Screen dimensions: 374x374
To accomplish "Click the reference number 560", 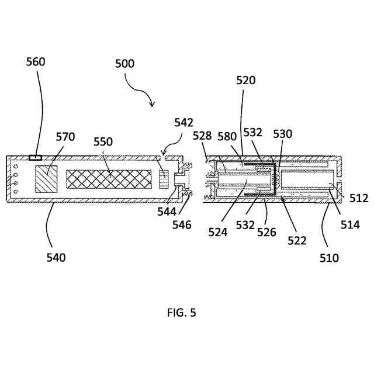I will (x=36, y=62).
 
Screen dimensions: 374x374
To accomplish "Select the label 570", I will (x=65, y=137).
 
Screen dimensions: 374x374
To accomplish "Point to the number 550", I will (x=103, y=141).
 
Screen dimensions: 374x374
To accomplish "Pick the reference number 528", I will (x=203, y=136).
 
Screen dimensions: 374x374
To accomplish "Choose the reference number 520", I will (x=245, y=81).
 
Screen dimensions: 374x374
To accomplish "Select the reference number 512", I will (x=359, y=199).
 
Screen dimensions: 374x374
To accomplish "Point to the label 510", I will (x=330, y=257).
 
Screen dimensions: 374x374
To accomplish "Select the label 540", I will (x=56, y=257).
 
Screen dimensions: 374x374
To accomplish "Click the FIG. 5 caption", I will (x=182, y=313).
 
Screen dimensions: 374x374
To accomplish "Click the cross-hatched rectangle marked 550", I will (x=109, y=179).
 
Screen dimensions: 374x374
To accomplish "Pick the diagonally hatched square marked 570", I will (x=47, y=178).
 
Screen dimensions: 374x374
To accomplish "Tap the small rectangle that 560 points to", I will (x=35, y=157).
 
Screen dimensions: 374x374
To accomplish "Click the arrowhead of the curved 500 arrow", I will (x=153, y=106).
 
